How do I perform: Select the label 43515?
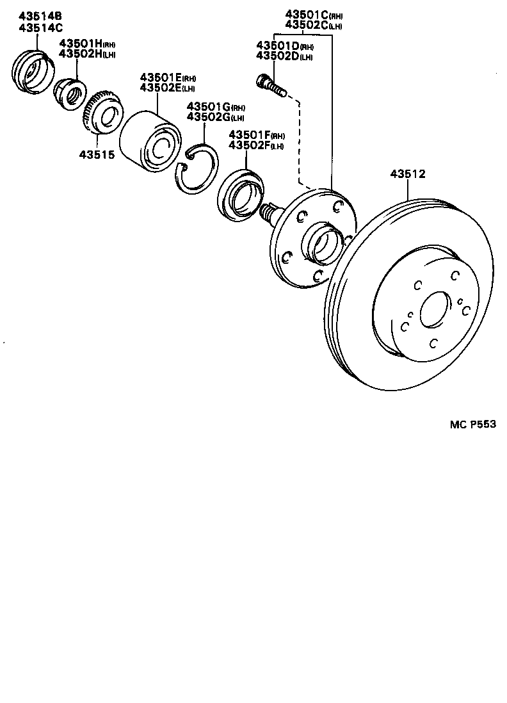coord(97,154)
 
